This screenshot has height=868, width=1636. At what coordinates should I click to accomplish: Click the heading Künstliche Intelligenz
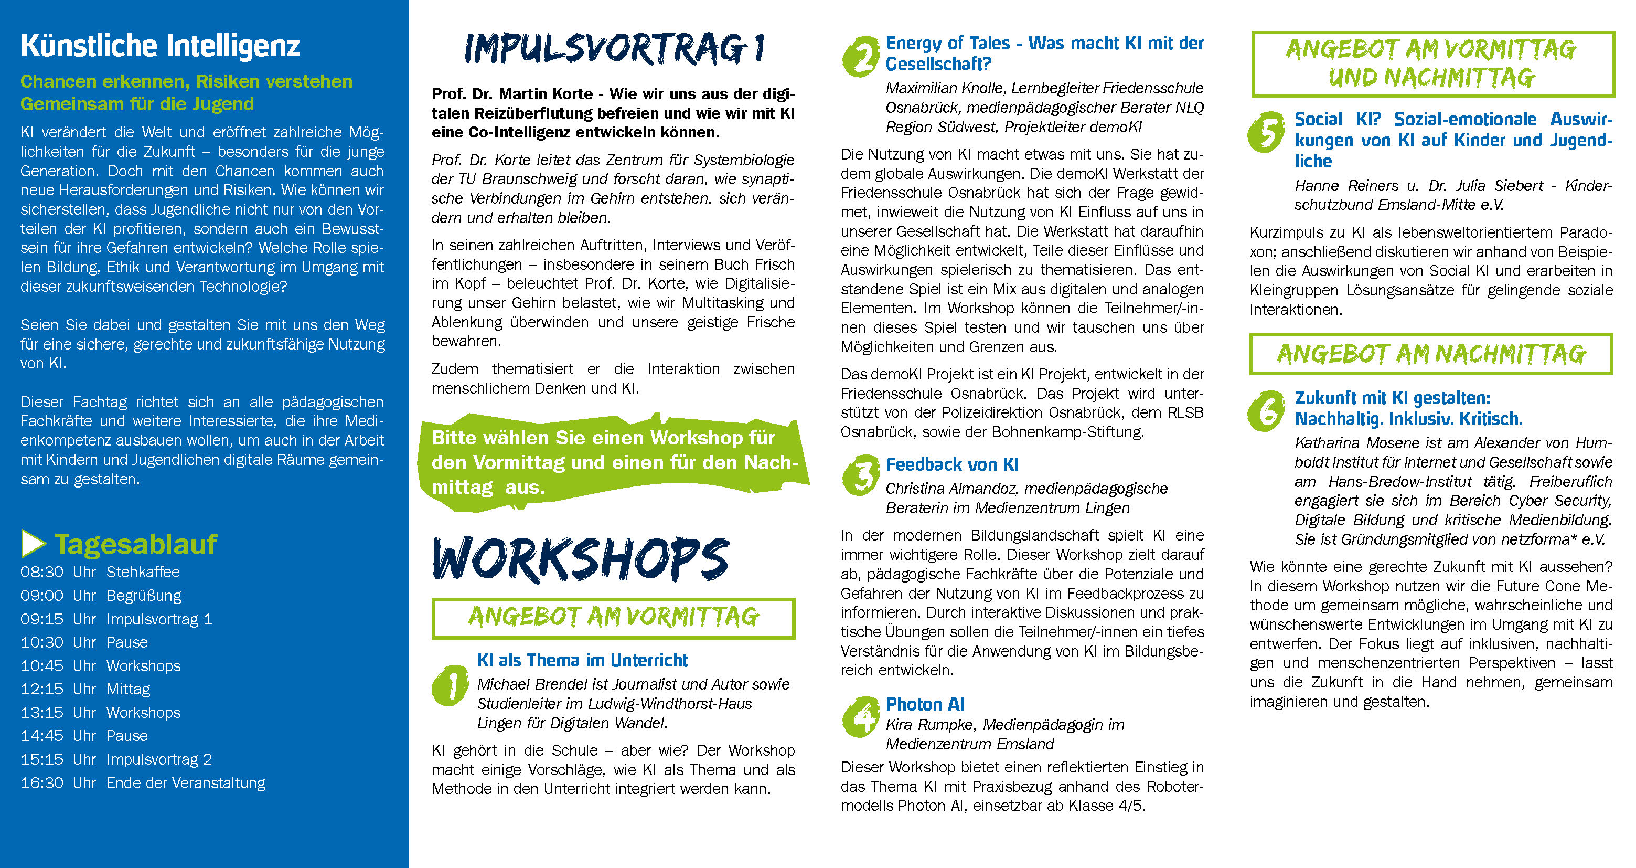point(160,46)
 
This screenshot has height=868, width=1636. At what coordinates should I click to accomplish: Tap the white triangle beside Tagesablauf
point(33,544)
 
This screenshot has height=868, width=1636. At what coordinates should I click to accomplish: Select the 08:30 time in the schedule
point(42,572)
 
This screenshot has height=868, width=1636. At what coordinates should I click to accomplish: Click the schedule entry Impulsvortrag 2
point(159,759)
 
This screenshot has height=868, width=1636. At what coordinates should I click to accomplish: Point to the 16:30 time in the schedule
point(42,783)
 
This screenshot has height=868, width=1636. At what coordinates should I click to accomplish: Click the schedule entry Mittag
point(129,689)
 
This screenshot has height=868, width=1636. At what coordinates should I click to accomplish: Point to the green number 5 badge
point(1266,132)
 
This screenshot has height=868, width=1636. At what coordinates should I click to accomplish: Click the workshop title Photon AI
point(925,704)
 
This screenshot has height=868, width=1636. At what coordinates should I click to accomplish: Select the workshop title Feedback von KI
point(952,464)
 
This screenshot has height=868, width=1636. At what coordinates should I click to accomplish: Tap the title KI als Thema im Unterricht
point(582,660)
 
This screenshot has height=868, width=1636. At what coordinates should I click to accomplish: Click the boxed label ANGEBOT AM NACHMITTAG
point(1431,354)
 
